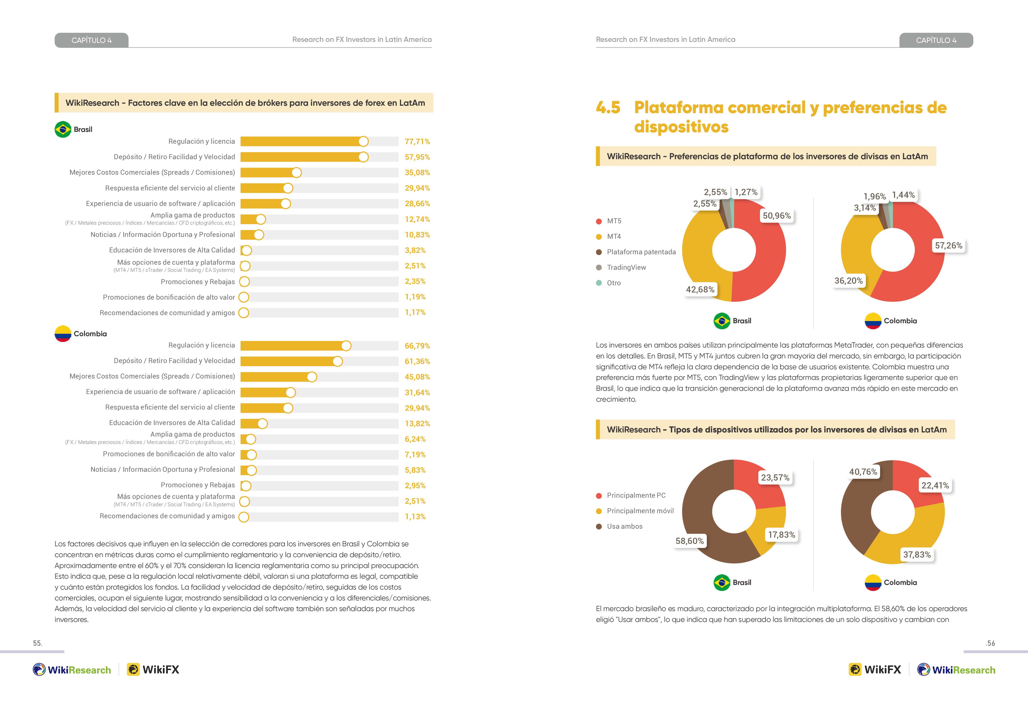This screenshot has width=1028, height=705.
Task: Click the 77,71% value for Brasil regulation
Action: coord(417,141)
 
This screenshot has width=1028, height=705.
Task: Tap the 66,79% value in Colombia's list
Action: coord(417,346)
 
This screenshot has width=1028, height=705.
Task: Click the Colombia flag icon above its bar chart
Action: coord(63,334)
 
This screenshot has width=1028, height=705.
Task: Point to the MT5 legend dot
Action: coord(599,221)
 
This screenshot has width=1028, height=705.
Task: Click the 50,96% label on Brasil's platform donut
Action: coord(777,216)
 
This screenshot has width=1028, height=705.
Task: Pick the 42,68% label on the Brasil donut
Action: coord(700,289)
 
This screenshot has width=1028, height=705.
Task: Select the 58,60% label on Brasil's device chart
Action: coord(690,541)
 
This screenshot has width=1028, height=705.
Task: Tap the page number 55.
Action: coord(37,643)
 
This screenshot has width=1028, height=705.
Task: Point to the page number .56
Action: coord(990,643)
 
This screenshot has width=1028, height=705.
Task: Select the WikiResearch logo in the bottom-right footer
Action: coord(956,670)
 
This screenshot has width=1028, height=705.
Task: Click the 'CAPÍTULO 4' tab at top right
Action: coord(936,40)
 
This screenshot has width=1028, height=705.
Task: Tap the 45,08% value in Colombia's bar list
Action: coord(417,377)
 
